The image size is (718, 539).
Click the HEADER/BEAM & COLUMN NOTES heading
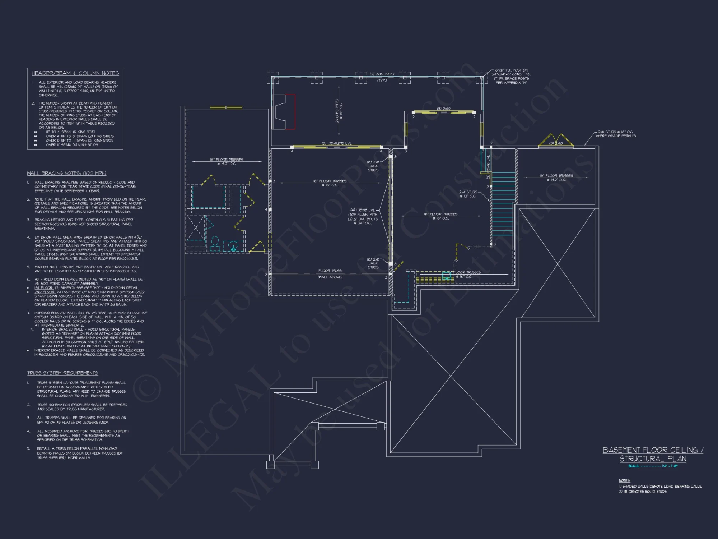[75, 73]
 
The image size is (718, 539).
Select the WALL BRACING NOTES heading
[66, 173]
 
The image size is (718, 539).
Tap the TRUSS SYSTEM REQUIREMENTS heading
[62, 373]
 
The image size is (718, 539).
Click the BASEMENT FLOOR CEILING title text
[653, 450]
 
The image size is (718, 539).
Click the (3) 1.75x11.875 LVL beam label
[336, 143]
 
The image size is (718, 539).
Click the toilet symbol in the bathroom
[215, 244]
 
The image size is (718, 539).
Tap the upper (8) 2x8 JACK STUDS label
[373, 166]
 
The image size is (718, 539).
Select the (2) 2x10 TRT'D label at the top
[382, 74]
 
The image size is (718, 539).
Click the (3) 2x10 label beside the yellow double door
[556, 143]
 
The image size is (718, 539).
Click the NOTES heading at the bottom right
[624, 480]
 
